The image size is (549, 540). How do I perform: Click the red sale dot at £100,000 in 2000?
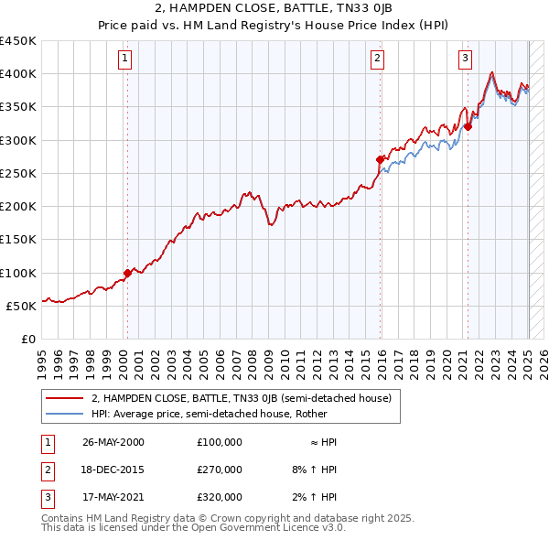pyautogui.click(x=127, y=273)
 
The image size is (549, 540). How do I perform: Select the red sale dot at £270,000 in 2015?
pyautogui.click(x=381, y=159)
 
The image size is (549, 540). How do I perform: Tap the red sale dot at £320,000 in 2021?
pyautogui.click(x=468, y=126)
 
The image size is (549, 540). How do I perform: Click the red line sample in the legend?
pyautogui.click(x=64, y=398)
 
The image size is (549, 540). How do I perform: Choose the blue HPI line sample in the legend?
pyautogui.click(x=64, y=413)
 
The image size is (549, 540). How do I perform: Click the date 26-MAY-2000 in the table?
pyautogui.click(x=113, y=442)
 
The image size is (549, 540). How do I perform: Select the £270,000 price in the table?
pyautogui.click(x=220, y=470)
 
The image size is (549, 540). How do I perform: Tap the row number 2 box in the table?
pyautogui.click(x=47, y=470)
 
